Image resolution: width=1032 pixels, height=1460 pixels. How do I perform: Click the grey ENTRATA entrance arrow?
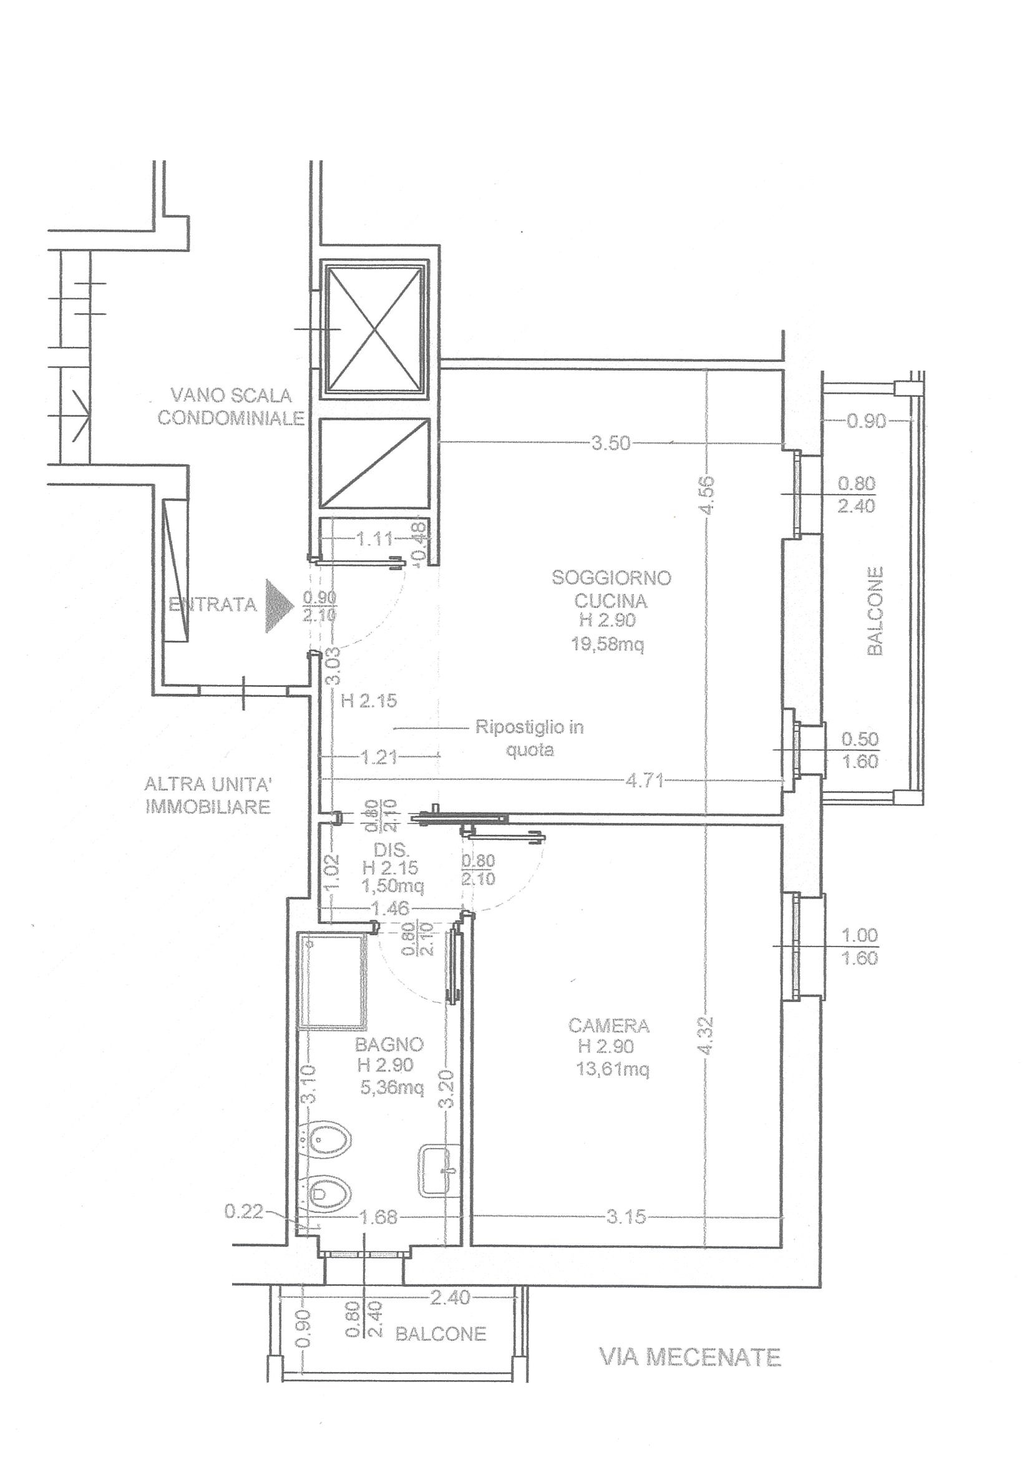pyautogui.click(x=278, y=604)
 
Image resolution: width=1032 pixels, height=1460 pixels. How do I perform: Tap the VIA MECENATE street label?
pyautogui.click(x=691, y=1358)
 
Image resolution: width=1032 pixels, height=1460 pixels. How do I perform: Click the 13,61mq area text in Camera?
pyautogui.click(x=613, y=1069)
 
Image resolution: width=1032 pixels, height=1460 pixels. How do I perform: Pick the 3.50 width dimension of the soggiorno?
pyautogui.click(x=611, y=443)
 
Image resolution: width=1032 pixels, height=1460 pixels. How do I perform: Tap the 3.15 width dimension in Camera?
pyautogui.click(x=626, y=1217)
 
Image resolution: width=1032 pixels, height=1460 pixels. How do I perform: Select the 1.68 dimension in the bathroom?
pyautogui.click(x=378, y=1217)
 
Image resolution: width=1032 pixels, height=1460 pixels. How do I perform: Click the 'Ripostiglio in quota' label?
pyautogui.click(x=530, y=738)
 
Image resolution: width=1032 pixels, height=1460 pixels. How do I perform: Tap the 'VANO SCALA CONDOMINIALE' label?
pyautogui.click(x=231, y=407)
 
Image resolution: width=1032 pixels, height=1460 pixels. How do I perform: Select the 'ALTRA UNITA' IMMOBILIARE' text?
pyautogui.click(x=208, y=796)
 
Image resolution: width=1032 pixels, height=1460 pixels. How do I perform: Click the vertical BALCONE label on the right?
pyautogui.click(x=875, y=611)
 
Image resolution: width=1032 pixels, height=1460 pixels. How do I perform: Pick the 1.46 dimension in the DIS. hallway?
pyautogui.click(x=392, y=908)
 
